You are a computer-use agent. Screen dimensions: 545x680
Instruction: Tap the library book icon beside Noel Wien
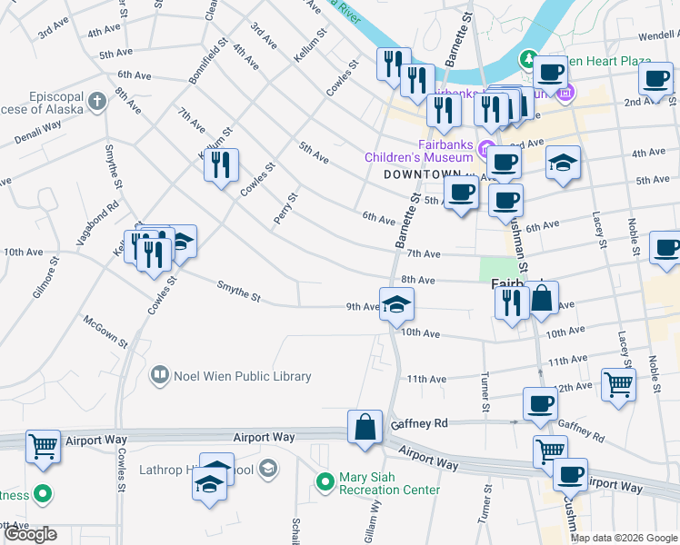pyautogui.click(x=160, y=374)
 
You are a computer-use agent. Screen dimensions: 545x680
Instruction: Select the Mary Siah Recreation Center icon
pyautogui.click(x=324, y=481)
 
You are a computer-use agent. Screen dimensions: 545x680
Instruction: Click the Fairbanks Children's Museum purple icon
pyautogui.click(x=486, y=150)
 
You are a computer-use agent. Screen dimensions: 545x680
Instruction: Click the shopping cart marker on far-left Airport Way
pyautogui.click(x=43, y=446)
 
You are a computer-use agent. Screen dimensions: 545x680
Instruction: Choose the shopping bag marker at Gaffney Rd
pyautogui.click(x=365, y=426)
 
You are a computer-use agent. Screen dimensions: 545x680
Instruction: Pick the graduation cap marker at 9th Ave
pyautogui.click(x=396, y=303)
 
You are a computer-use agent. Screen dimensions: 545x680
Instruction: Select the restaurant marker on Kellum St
pyautogui.click(x=221, y=164)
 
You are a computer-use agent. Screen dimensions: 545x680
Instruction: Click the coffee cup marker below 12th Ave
pyautogui.click(x=541, y=404)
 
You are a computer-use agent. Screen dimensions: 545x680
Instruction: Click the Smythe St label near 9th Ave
pyautogui.click(x=238, y=292)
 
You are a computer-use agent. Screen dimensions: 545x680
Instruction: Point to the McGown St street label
pyautogui.click(x=105, y=331)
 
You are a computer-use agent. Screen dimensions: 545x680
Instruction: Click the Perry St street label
pyautogui.click(x=285, y=210)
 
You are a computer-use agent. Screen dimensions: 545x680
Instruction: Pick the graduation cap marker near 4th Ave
pyautogui.click(x=564, y=163)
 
